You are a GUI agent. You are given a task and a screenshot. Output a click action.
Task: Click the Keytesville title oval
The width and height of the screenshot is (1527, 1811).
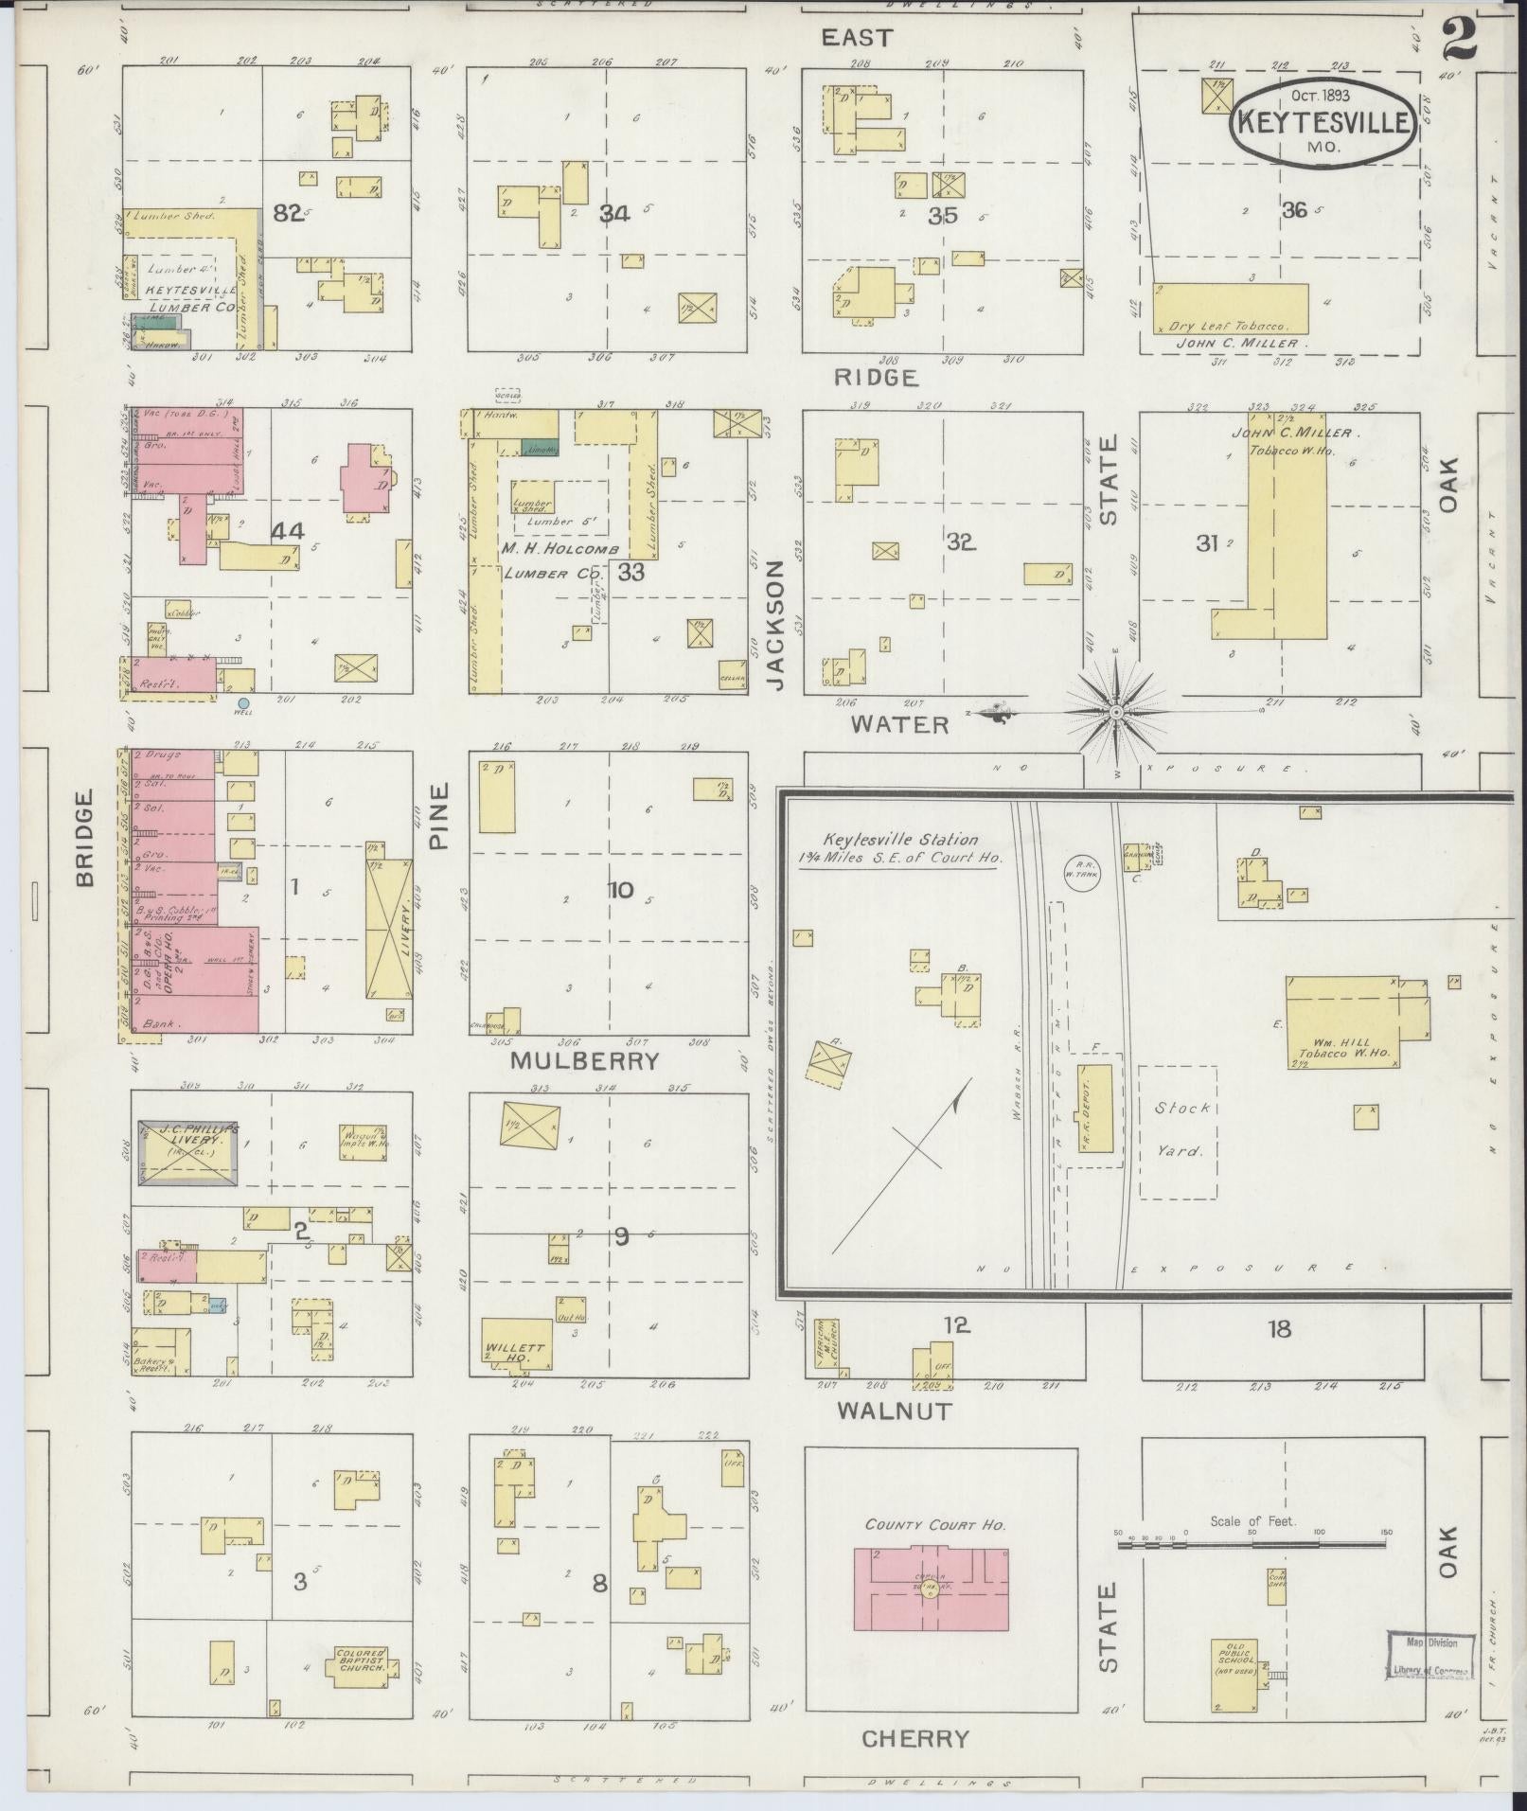1323,121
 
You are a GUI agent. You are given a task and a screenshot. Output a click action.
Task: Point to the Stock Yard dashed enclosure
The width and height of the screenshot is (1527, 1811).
1177,1131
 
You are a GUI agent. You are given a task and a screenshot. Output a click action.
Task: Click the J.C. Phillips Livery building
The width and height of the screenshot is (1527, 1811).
187,1150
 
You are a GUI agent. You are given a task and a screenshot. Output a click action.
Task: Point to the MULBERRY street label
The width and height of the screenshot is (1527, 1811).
584,1061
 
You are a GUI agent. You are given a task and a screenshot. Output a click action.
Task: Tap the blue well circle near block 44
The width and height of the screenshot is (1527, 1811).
243,703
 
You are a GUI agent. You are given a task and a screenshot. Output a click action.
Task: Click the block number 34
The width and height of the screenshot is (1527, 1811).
613,214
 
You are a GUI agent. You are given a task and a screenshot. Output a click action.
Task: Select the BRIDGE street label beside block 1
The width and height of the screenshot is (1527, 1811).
86,838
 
